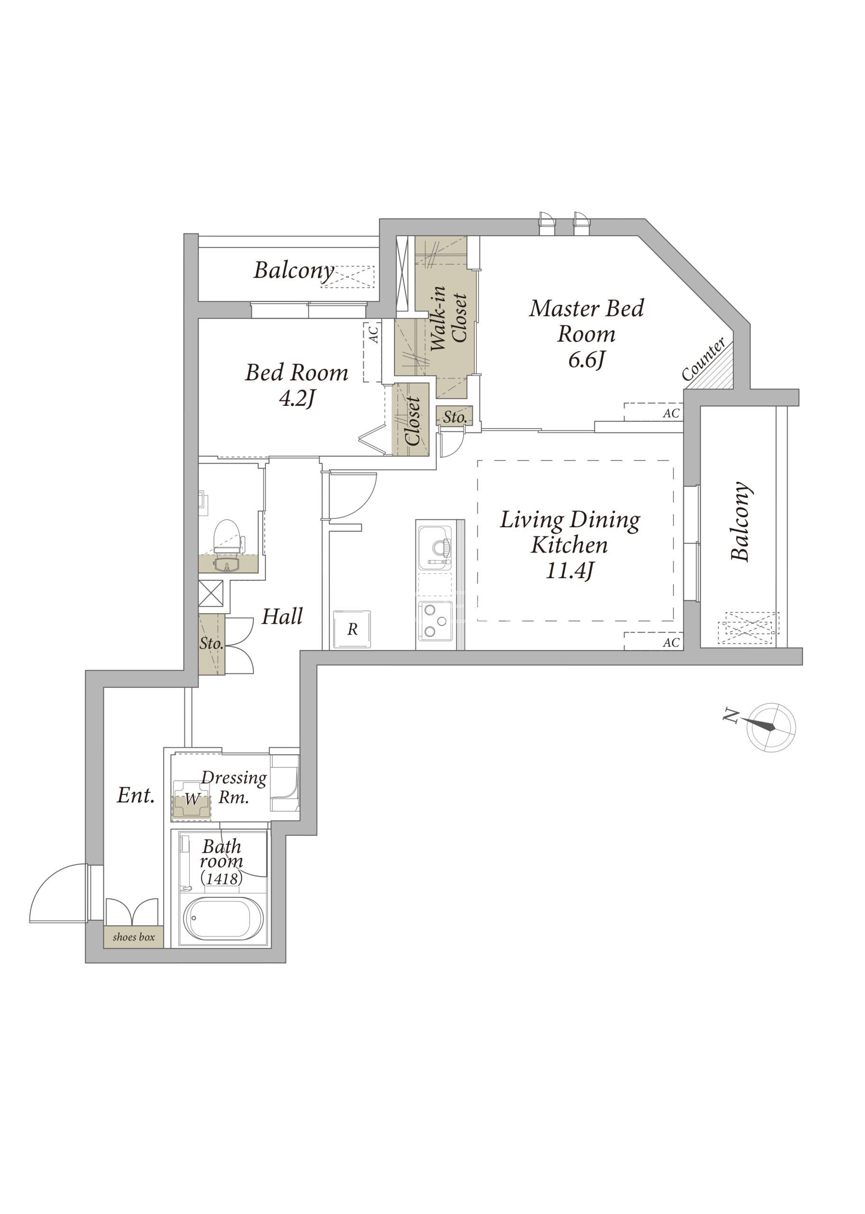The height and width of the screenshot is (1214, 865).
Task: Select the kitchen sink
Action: (x=435, y=547)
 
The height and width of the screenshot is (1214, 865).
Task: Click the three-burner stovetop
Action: (x=435, y=621)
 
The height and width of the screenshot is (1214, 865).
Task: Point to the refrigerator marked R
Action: (x=352, y=629)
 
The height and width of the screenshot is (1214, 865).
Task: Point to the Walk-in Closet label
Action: (x=448, y=318)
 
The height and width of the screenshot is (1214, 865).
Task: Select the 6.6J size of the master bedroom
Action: (x=586, y=360)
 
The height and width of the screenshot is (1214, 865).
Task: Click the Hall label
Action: (x=282, y=616)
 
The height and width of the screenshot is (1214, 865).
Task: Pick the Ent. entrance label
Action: (x=136, y=796)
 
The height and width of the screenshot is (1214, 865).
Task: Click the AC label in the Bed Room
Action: (x=374, y=335)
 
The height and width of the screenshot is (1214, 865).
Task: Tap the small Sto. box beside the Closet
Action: (x=455, y=417)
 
